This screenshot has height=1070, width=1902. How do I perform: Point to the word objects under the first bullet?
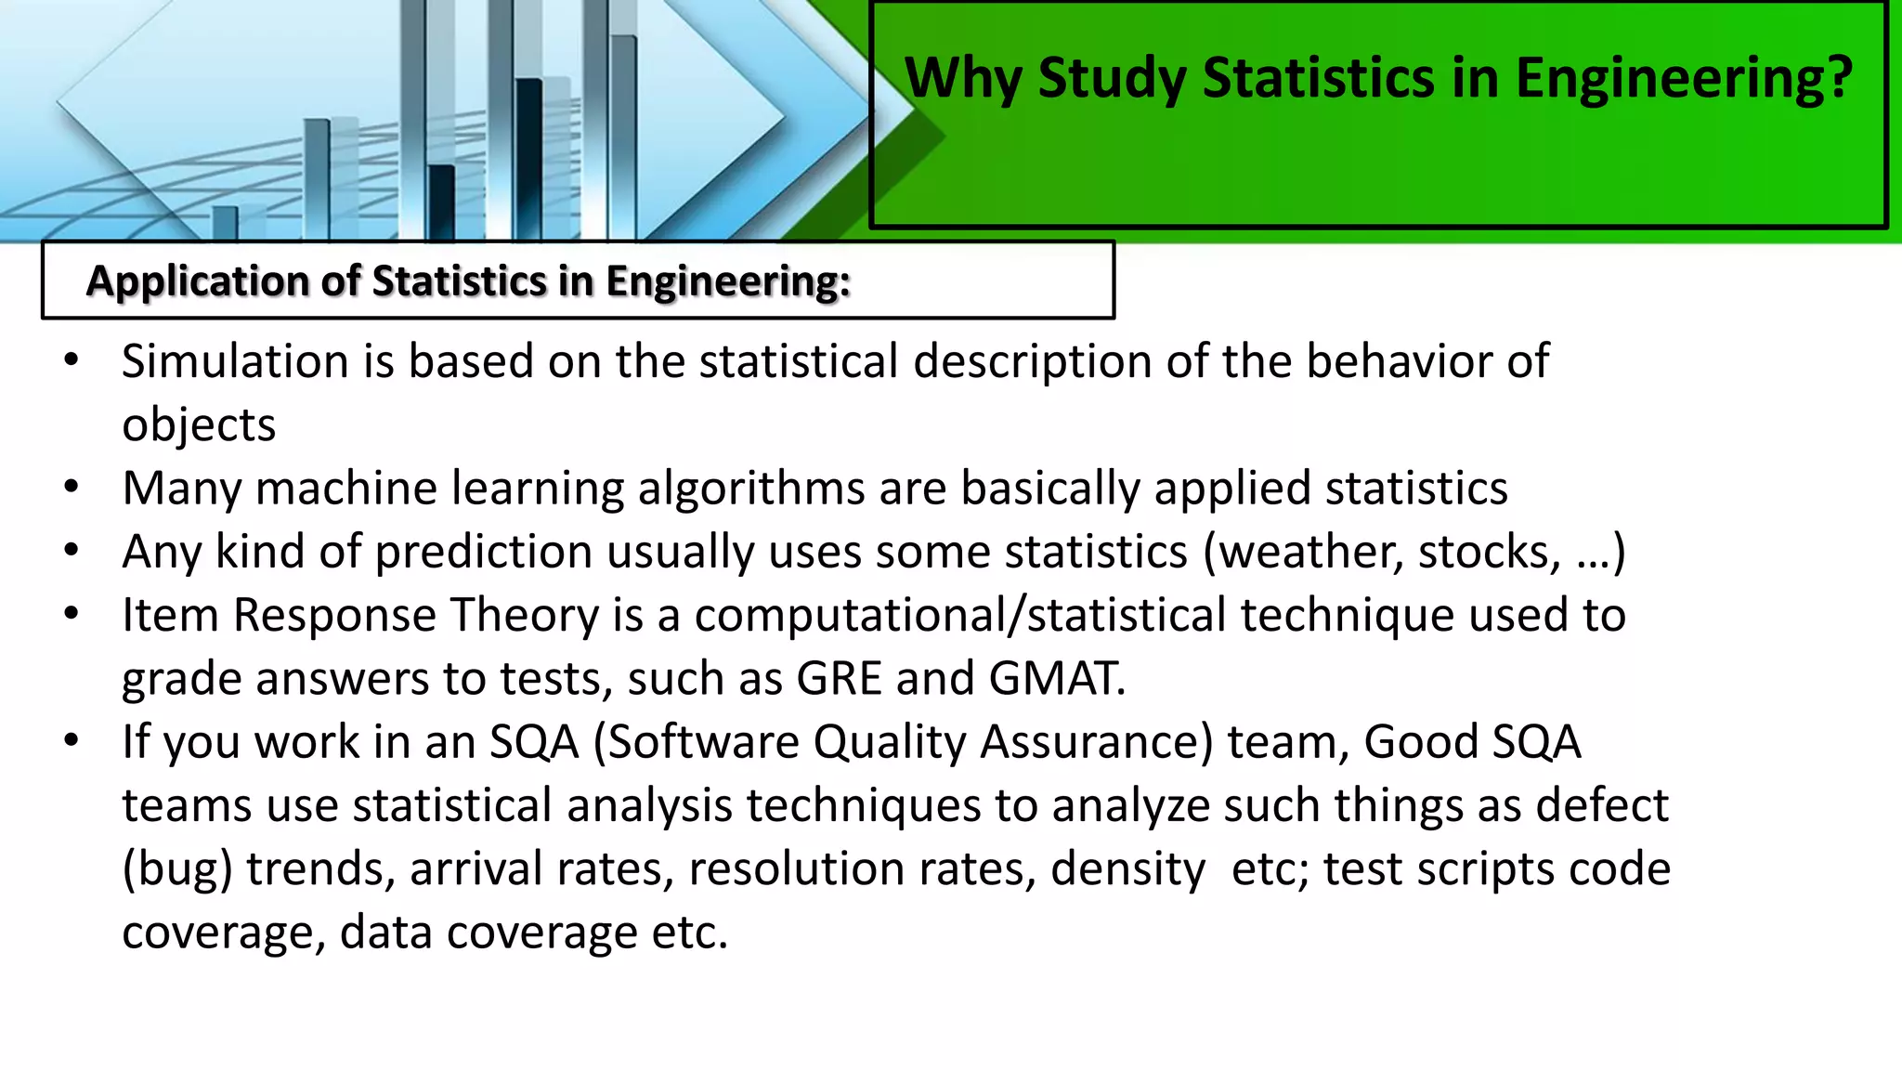(199, 425)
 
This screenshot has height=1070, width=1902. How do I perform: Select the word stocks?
(1489, 552)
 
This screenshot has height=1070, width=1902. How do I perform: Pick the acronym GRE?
(839, 679)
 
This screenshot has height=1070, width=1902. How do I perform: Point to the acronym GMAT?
(1056, 679)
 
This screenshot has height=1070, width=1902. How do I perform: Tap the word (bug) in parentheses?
(177, 870)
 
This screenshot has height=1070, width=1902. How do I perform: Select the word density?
(1128, 870)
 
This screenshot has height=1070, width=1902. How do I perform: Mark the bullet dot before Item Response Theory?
(72, 615)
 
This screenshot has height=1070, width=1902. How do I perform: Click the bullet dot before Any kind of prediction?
(72, 551)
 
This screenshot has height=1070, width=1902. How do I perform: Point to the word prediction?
(484, 552)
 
